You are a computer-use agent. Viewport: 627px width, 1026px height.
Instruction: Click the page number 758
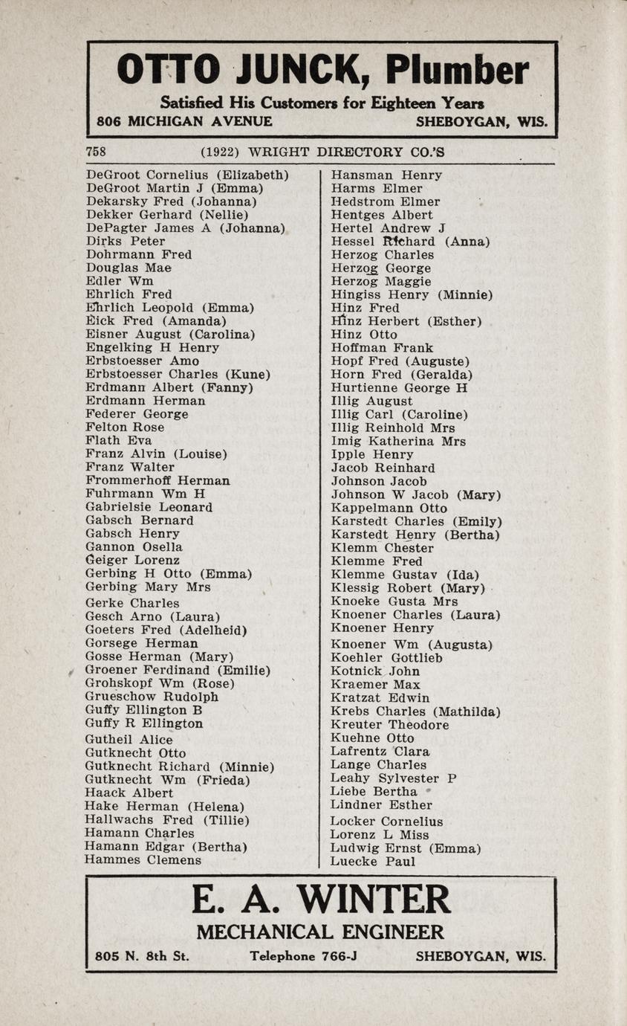[x=96, y=152]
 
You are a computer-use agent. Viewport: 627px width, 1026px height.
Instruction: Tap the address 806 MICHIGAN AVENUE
[x=184, y=121]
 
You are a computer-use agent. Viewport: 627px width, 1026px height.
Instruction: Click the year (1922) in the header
[x=220, y=152]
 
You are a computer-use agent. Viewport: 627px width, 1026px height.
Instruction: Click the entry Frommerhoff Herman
[x=157, y=480]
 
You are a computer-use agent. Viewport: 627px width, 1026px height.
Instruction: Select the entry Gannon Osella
[x=134, y=546]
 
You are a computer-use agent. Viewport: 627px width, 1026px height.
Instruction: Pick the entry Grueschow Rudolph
[x=152, y=697]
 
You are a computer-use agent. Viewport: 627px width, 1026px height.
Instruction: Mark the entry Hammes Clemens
[x=143, y=860]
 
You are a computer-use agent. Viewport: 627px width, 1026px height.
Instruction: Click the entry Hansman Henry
[x=386, y=175]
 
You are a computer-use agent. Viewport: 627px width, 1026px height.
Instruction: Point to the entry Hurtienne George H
[x=400, y=387]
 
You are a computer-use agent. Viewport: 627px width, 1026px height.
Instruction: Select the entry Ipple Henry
[x=372, y=454]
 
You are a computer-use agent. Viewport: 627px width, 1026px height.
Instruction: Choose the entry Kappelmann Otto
[x=389, y=508]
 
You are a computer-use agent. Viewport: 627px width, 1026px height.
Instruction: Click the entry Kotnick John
[x=375, y=671]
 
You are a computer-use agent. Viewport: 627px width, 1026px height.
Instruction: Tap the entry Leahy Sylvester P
[x=394, y=778]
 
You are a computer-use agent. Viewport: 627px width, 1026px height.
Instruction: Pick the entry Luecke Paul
[x=373, y=862]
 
